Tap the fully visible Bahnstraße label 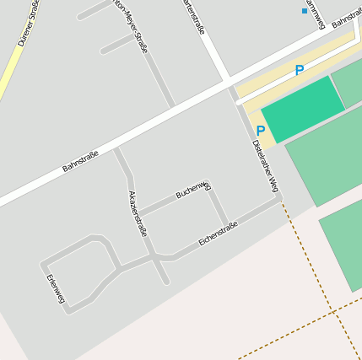click(x=80, y=161)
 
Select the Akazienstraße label click(x=137, y=213)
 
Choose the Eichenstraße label click(x=218, y=234)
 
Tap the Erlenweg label click(x=55, y=289)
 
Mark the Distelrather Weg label click(x=264, y=165)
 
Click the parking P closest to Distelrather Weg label click(x=261, y=131)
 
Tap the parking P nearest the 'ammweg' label click(x=299, y=71)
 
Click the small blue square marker click(x=305, y=11)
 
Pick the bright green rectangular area click(x=303, y=109)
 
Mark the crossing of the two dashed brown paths click(x=334, y=312)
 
